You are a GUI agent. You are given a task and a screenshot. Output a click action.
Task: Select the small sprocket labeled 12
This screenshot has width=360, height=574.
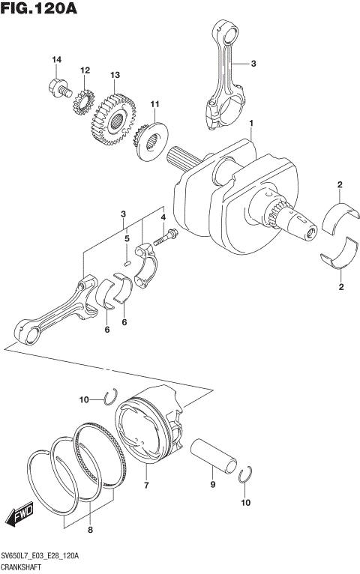tap(82, 101)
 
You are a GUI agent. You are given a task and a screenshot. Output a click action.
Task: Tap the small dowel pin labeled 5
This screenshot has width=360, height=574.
tap(127, 262)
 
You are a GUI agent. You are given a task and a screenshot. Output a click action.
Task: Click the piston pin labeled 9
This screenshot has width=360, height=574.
tap(214, 454)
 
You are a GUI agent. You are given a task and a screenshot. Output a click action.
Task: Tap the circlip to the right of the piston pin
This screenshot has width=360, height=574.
tap(245, 477)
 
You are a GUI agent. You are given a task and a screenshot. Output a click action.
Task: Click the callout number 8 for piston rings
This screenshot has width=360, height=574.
tap(90, 531)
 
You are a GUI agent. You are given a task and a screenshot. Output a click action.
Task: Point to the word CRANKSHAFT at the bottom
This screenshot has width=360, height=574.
tap(25, 568)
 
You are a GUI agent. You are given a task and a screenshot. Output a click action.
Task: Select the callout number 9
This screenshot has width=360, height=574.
tap(212, 485)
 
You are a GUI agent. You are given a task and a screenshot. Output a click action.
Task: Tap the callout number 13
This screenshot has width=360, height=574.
tap(115, 75)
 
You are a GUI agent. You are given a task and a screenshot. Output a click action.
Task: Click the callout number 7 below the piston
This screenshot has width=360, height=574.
tap(146, 486)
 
